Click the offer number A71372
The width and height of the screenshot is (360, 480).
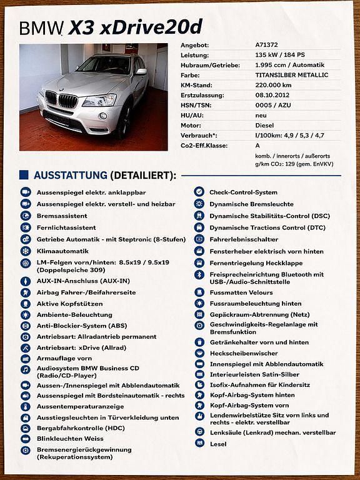coord(267,46)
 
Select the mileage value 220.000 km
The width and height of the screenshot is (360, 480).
coord(273,85)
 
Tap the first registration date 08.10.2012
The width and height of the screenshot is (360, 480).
coord(273,95)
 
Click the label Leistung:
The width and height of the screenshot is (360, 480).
coord(194,56)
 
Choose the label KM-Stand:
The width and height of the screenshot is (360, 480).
coord(196,85)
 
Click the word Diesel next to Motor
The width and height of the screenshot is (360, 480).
coord(265,125)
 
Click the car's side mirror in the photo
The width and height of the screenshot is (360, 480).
coord(141,72)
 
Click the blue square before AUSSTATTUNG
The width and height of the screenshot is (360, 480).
coord(24,175)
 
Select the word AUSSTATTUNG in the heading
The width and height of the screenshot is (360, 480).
coord(71,176)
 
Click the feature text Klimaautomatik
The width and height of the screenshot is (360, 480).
coord(62,251)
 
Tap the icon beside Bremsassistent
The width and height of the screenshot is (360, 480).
coord(26,216)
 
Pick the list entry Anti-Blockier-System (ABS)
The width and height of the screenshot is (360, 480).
coord(81,326)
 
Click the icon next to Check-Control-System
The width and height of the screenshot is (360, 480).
coord(199,192)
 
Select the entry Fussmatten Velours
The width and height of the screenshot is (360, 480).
coord(241,292)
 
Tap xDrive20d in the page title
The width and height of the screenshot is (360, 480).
coord(135,27)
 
